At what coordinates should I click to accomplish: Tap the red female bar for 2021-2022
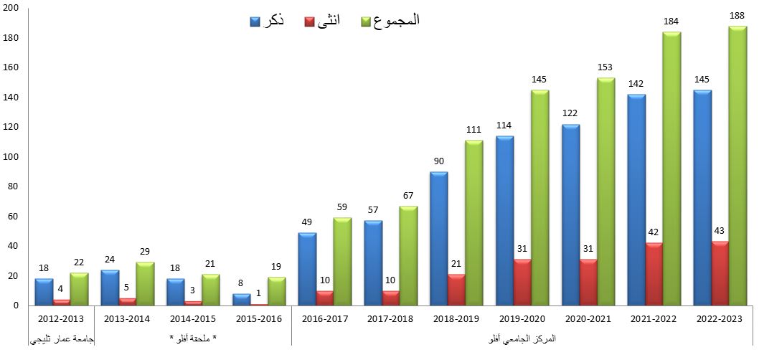tap(654, 274)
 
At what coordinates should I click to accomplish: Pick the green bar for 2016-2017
tap(342, 261)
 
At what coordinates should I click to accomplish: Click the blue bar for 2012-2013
tap(43, 292)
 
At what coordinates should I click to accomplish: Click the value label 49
tap(307, 223)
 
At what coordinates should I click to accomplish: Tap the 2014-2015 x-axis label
tap(192, 318)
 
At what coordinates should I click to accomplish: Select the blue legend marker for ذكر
tap(255, 22)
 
